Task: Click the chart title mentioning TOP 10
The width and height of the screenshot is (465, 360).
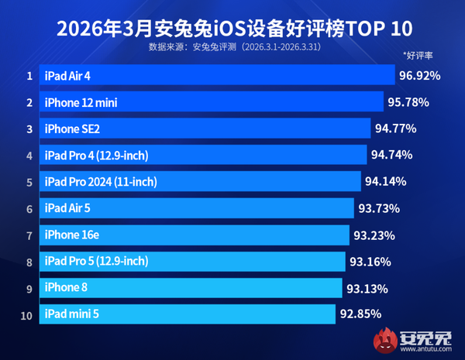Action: pyautogui.click(x=232, y=29)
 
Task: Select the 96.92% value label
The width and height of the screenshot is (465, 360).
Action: pyautogui.click(x=419, y=75)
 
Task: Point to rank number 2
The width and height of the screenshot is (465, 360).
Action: pyautogui.click(x=29, y=102)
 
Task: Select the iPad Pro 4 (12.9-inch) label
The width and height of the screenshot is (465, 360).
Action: pyautogui.click(x=97, y=156)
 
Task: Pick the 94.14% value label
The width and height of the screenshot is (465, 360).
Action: pyautogui.click(x=386, y=182)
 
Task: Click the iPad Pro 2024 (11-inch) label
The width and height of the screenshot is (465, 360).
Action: pyautogui.click(x=101, y=182)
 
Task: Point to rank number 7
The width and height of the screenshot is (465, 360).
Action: pyautogui.click(x=29, y=235)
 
